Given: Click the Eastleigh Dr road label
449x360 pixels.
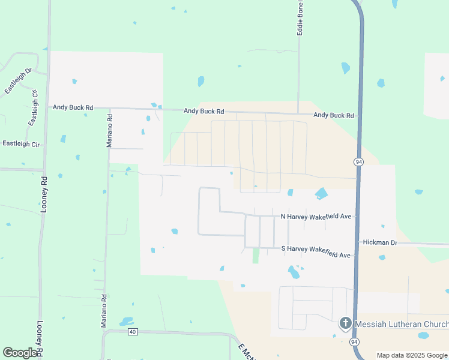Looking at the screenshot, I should pyautogui.click(x=18, y=82).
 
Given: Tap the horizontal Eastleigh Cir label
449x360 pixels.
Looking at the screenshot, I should pyautogui.click(x=21, y=144).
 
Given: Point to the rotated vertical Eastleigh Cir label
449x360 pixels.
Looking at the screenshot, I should pyautogui.click(x=33, y=109).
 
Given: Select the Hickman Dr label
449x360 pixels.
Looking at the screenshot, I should pyautogui.click(x=381, y=242).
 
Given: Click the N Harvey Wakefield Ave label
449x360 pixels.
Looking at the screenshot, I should pyautogui.click(x=316, y=216).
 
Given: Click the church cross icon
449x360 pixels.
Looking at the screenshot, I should pyautogui.click(x=345, y=324).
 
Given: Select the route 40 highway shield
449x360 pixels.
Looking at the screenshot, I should pyautogui.click(x=133, y=332).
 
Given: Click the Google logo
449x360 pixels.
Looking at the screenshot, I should pyautogui.click(x=20, y=353).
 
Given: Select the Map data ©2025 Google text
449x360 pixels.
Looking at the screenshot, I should pyautogui.click(x=412, y=355).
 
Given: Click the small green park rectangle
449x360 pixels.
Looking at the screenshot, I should pyautogui.click(x=256, y=255).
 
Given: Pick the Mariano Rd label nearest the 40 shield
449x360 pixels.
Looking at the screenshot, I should pyautogui.click(x=104, y=310).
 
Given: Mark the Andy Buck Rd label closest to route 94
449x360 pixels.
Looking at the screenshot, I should pyautogui.click(x=333, y=115).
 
